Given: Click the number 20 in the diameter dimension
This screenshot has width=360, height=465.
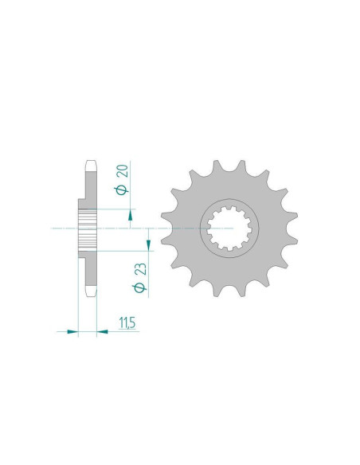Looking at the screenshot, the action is tap(123, 171).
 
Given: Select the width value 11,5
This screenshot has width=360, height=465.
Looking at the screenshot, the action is tap(127, 323).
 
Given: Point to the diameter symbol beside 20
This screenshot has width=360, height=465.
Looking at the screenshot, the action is tap(123, 190).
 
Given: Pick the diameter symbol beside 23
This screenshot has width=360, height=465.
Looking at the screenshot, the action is tap(140, 287).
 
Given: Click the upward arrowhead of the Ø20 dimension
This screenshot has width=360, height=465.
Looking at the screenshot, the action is tap(130, 217).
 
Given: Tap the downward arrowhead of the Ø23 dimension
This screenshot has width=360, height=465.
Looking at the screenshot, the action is tap(148, 245).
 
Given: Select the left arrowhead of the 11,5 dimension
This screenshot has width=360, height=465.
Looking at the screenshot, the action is tap(72, 331).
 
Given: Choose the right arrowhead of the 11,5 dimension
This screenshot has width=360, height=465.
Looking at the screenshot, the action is tap(102, 331).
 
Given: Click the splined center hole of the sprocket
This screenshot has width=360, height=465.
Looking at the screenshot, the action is tap(229, 229).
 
